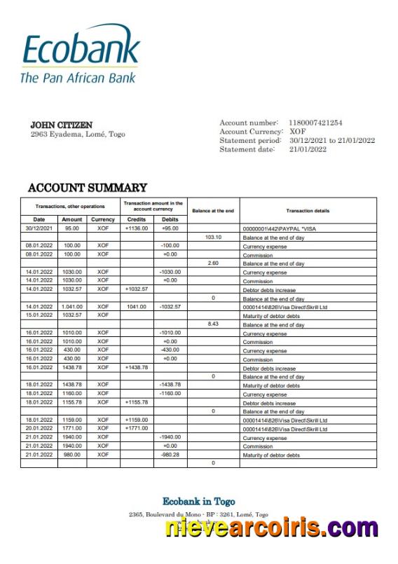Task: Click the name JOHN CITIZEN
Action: [61, 125]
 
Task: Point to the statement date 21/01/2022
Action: [308, 149]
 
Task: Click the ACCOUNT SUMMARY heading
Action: [87, 188]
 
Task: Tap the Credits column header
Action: [137, 219]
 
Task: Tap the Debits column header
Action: [170, 219]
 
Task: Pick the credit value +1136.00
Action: [137, 228]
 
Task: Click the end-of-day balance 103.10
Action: [213, 238]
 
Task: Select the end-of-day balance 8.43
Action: [213, 324]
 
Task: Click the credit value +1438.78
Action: [137, 368]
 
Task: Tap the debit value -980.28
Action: [170, 455]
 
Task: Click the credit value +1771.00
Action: [137, 429]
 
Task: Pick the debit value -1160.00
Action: [170, 394]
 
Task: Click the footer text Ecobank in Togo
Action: [199, 502]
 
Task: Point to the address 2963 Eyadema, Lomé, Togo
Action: [78, 134]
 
